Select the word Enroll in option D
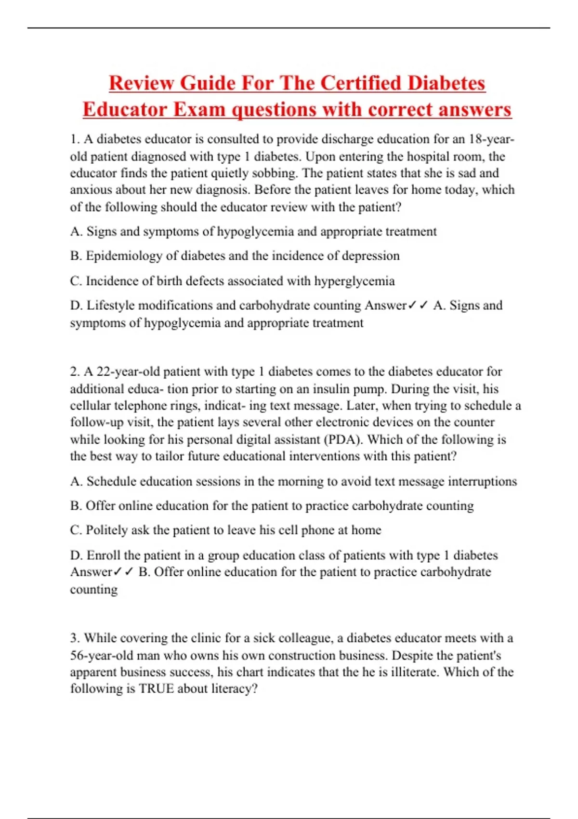[x=103, y=555]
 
